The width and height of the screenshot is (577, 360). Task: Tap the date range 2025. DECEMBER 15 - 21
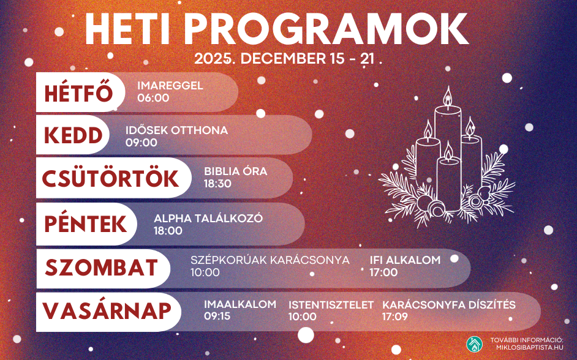pyautogui.click(x=287, y=59)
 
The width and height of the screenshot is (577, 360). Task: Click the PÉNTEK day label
pyautogui.click(x=86, y=224)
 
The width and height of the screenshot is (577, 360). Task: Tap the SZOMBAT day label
pyautogui.click(x=102, y=268)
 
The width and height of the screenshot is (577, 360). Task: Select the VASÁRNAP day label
pyautogui.click(x=107, y=311)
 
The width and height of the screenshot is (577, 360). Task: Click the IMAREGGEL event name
pyautogui.click(x=170, y=86)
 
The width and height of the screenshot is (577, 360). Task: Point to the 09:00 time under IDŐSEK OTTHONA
pyautogui.click(x=141, y=143)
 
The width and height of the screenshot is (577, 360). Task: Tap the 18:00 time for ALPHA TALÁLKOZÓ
pyautogui.click(x=168, y=231)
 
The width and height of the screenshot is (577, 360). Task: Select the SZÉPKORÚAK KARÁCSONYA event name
pyautogui.click(x=270, y=260)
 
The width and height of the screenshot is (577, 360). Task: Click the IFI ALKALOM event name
pyautogui.click(x=405, y=260)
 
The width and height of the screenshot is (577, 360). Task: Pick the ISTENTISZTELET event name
pyautogui.click(x=331, y=305)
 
